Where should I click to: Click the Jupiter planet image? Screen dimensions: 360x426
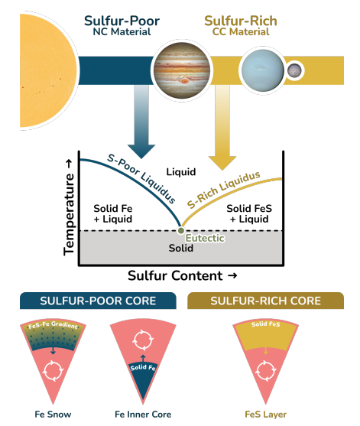tap(182, 70)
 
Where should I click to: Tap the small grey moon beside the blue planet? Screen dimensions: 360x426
tap(294, 70)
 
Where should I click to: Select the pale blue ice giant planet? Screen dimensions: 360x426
tap(262, 70)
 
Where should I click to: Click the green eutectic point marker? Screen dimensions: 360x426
tap(181, 231)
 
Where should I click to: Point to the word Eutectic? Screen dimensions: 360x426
tap(205, 239)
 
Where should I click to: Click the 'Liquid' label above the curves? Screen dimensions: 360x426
tap(181, 172)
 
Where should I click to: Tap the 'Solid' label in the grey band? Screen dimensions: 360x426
tap(181, 248)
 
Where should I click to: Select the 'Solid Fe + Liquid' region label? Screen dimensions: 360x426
tap(113, 214)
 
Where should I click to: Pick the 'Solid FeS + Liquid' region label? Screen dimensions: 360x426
tap(249, 214)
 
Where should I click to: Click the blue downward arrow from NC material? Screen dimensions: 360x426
tap(141, 122)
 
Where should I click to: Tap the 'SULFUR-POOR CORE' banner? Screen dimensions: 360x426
tap(98, 301)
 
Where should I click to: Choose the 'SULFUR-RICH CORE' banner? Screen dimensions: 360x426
tap(265, 301)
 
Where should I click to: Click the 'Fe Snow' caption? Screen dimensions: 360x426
tap(53, 415)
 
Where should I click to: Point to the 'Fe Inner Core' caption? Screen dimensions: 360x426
tap(143, 415)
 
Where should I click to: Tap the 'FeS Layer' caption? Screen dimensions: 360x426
tap(265, 415)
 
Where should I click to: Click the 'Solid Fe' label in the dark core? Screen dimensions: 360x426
tap(143, 368)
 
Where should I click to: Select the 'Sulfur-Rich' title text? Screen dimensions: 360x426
tap(241, 21)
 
